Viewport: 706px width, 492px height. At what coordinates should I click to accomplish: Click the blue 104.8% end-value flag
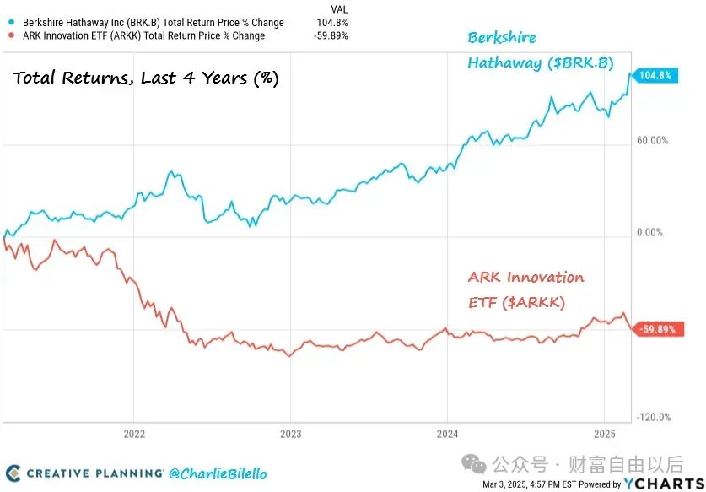(655, 75)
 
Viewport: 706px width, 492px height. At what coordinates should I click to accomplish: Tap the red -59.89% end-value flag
(658, 329)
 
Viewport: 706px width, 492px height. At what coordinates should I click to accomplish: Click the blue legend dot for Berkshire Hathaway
(10, 23)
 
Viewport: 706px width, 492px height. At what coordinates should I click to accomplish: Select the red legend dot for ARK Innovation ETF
(10, 35)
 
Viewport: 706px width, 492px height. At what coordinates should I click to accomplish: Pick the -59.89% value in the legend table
(331, 35)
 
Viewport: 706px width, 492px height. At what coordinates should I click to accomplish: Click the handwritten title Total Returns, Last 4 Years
(145, 78)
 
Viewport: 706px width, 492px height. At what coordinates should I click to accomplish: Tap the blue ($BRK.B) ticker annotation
(579, 62)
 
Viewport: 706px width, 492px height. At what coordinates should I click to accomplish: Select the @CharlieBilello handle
(217, 473)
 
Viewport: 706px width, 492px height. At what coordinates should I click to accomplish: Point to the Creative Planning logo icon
(13, 473)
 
